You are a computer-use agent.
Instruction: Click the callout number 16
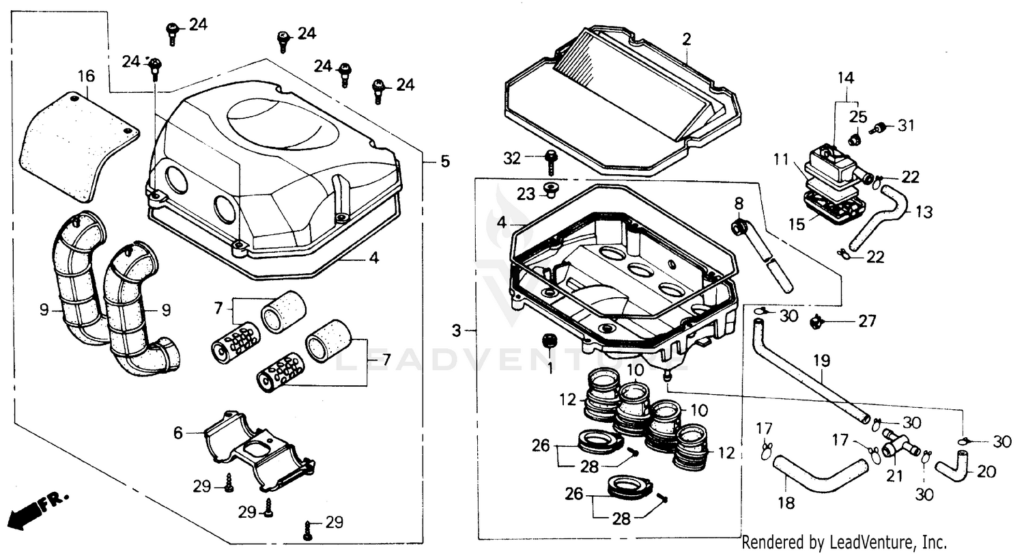(86, 76)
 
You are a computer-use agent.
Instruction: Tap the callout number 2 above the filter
(686, 39)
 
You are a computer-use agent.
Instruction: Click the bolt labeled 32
(550, 161)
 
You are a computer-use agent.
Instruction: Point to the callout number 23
(525, 194)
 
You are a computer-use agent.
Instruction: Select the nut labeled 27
(815, 320)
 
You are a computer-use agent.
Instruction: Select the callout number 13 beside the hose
(923, 212)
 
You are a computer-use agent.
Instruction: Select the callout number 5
(444, 162)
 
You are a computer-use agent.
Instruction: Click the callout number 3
(456, 331)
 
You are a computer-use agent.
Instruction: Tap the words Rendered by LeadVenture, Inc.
(844, 542)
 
